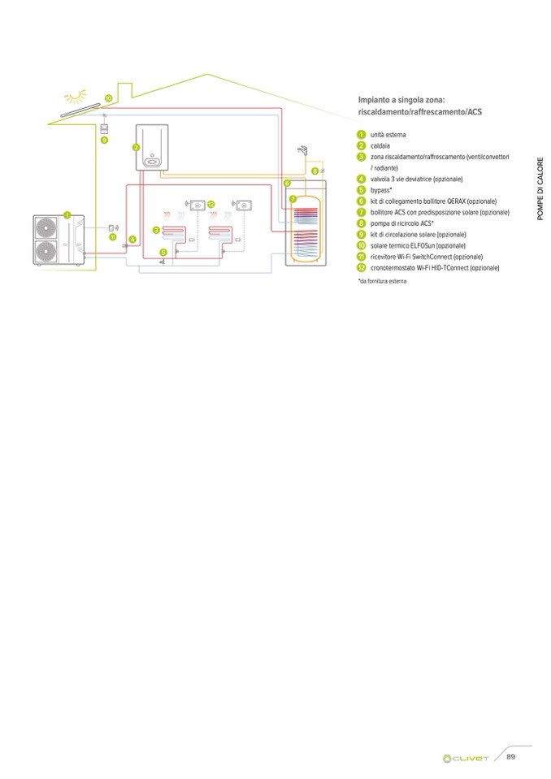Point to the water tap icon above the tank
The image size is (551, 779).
pyautogui.click(x=302, y=151)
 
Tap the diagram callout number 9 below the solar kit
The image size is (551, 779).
pyautogui.click(x=104, y=141)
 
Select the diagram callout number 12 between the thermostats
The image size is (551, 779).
pyautogui.click(x=210, y=204)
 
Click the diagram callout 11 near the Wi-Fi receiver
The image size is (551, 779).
pyautogui.click(x=113, y=237)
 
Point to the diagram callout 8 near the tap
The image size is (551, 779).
pyautogui.click(x=315, y=171)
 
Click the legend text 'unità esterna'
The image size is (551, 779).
pyautogui.click(x=388, y=134)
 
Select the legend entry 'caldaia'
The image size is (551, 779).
pyautogui.click(x=380, y=145)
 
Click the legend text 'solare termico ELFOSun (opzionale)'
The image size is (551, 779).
pyautogui.click(x=418, y=245)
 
